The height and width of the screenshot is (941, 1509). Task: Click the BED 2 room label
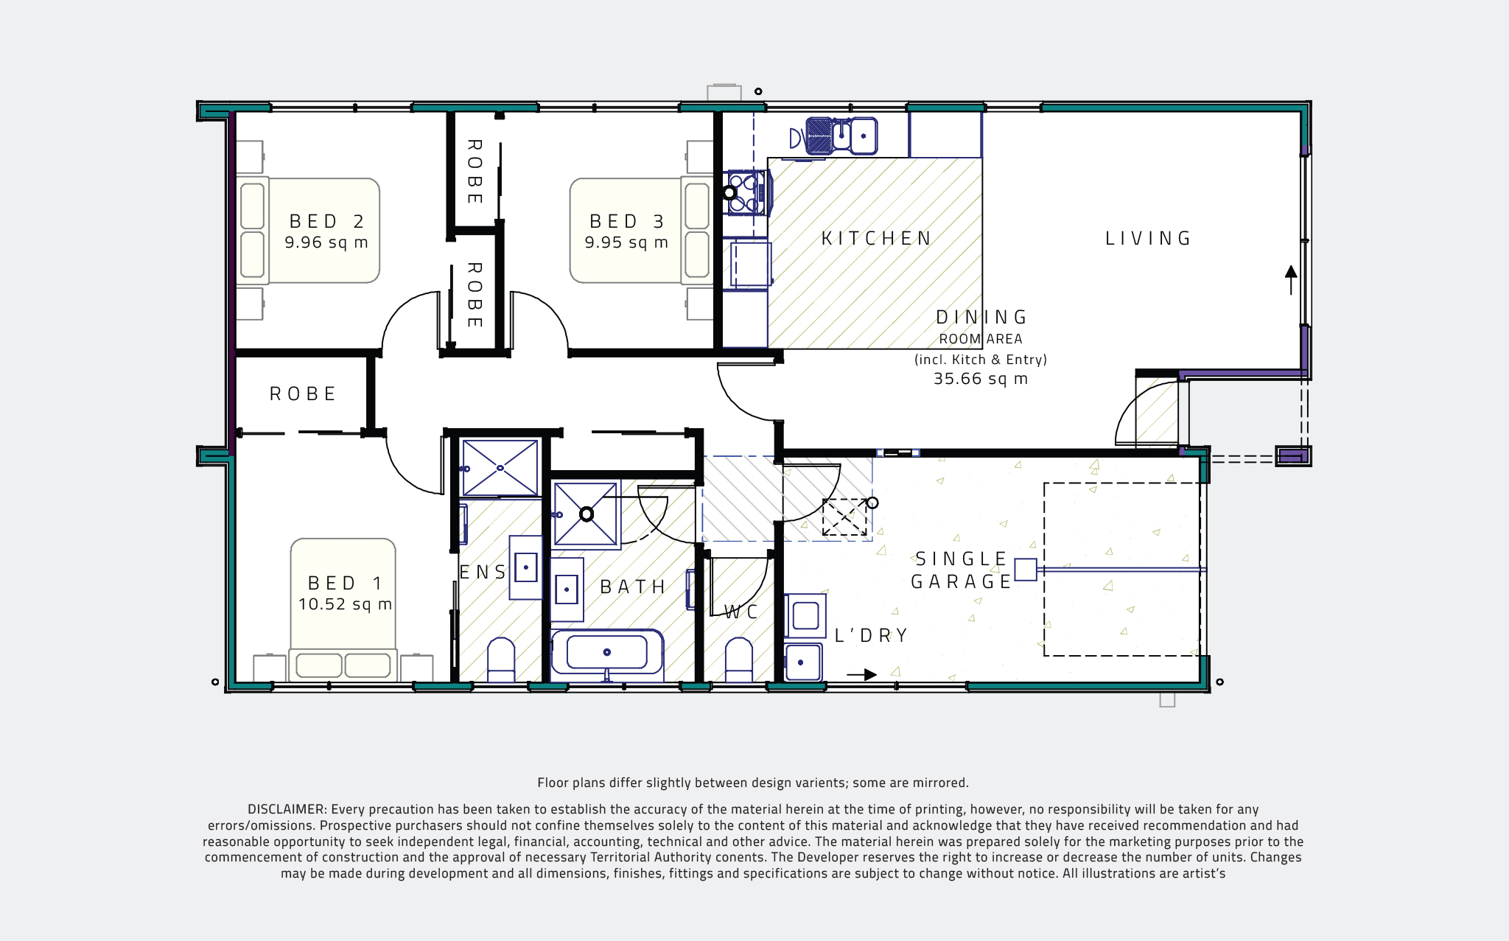(x=326, y=221)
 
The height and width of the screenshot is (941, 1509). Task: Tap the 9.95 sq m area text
(x=626, y=242)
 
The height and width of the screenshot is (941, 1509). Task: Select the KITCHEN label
(x=876, y=238)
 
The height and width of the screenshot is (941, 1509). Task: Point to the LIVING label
(x=1148, y=238)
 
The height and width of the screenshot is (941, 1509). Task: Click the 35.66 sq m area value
(x=980, y=379)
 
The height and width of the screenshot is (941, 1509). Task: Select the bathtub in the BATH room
(x=606, y=652)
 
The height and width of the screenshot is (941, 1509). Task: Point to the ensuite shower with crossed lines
(x=500, y=468)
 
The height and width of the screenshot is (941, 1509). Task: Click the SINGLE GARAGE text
(x=962, y=570)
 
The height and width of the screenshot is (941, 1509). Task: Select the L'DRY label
(x=871, y=635)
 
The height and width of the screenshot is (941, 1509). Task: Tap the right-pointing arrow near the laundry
(x=861, y=674)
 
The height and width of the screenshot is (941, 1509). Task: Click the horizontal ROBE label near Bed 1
(x=303, y=393)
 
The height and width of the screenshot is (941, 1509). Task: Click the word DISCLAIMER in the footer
(x=286, y=809)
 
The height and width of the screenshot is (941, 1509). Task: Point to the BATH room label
(x=633, y=587)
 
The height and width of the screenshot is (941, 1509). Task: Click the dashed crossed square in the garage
(x=844, y=517)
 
